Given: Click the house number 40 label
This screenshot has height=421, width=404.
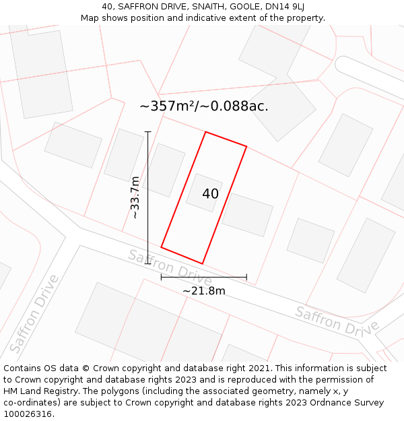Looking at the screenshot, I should coord(210,194).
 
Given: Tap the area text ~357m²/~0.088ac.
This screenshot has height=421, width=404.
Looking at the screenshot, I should coord(204,106).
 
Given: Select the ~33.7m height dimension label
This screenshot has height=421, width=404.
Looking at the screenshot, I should coord(135,197).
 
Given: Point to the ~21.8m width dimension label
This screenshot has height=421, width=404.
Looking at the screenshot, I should coord(203,291).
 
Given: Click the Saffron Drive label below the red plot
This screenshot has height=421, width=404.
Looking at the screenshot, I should coord(170,267).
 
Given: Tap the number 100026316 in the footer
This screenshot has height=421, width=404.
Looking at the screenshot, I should coord(29,414).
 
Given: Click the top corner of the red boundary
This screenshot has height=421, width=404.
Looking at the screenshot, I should coord(205,132).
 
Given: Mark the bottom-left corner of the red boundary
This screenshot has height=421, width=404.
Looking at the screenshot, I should coord(162,247).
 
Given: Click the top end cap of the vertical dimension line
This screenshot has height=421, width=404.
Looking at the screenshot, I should coord(147,132).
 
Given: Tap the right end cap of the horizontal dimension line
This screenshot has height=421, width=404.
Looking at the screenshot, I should coord(246,277).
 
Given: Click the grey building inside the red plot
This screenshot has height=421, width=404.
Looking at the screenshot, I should coord(204,192).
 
